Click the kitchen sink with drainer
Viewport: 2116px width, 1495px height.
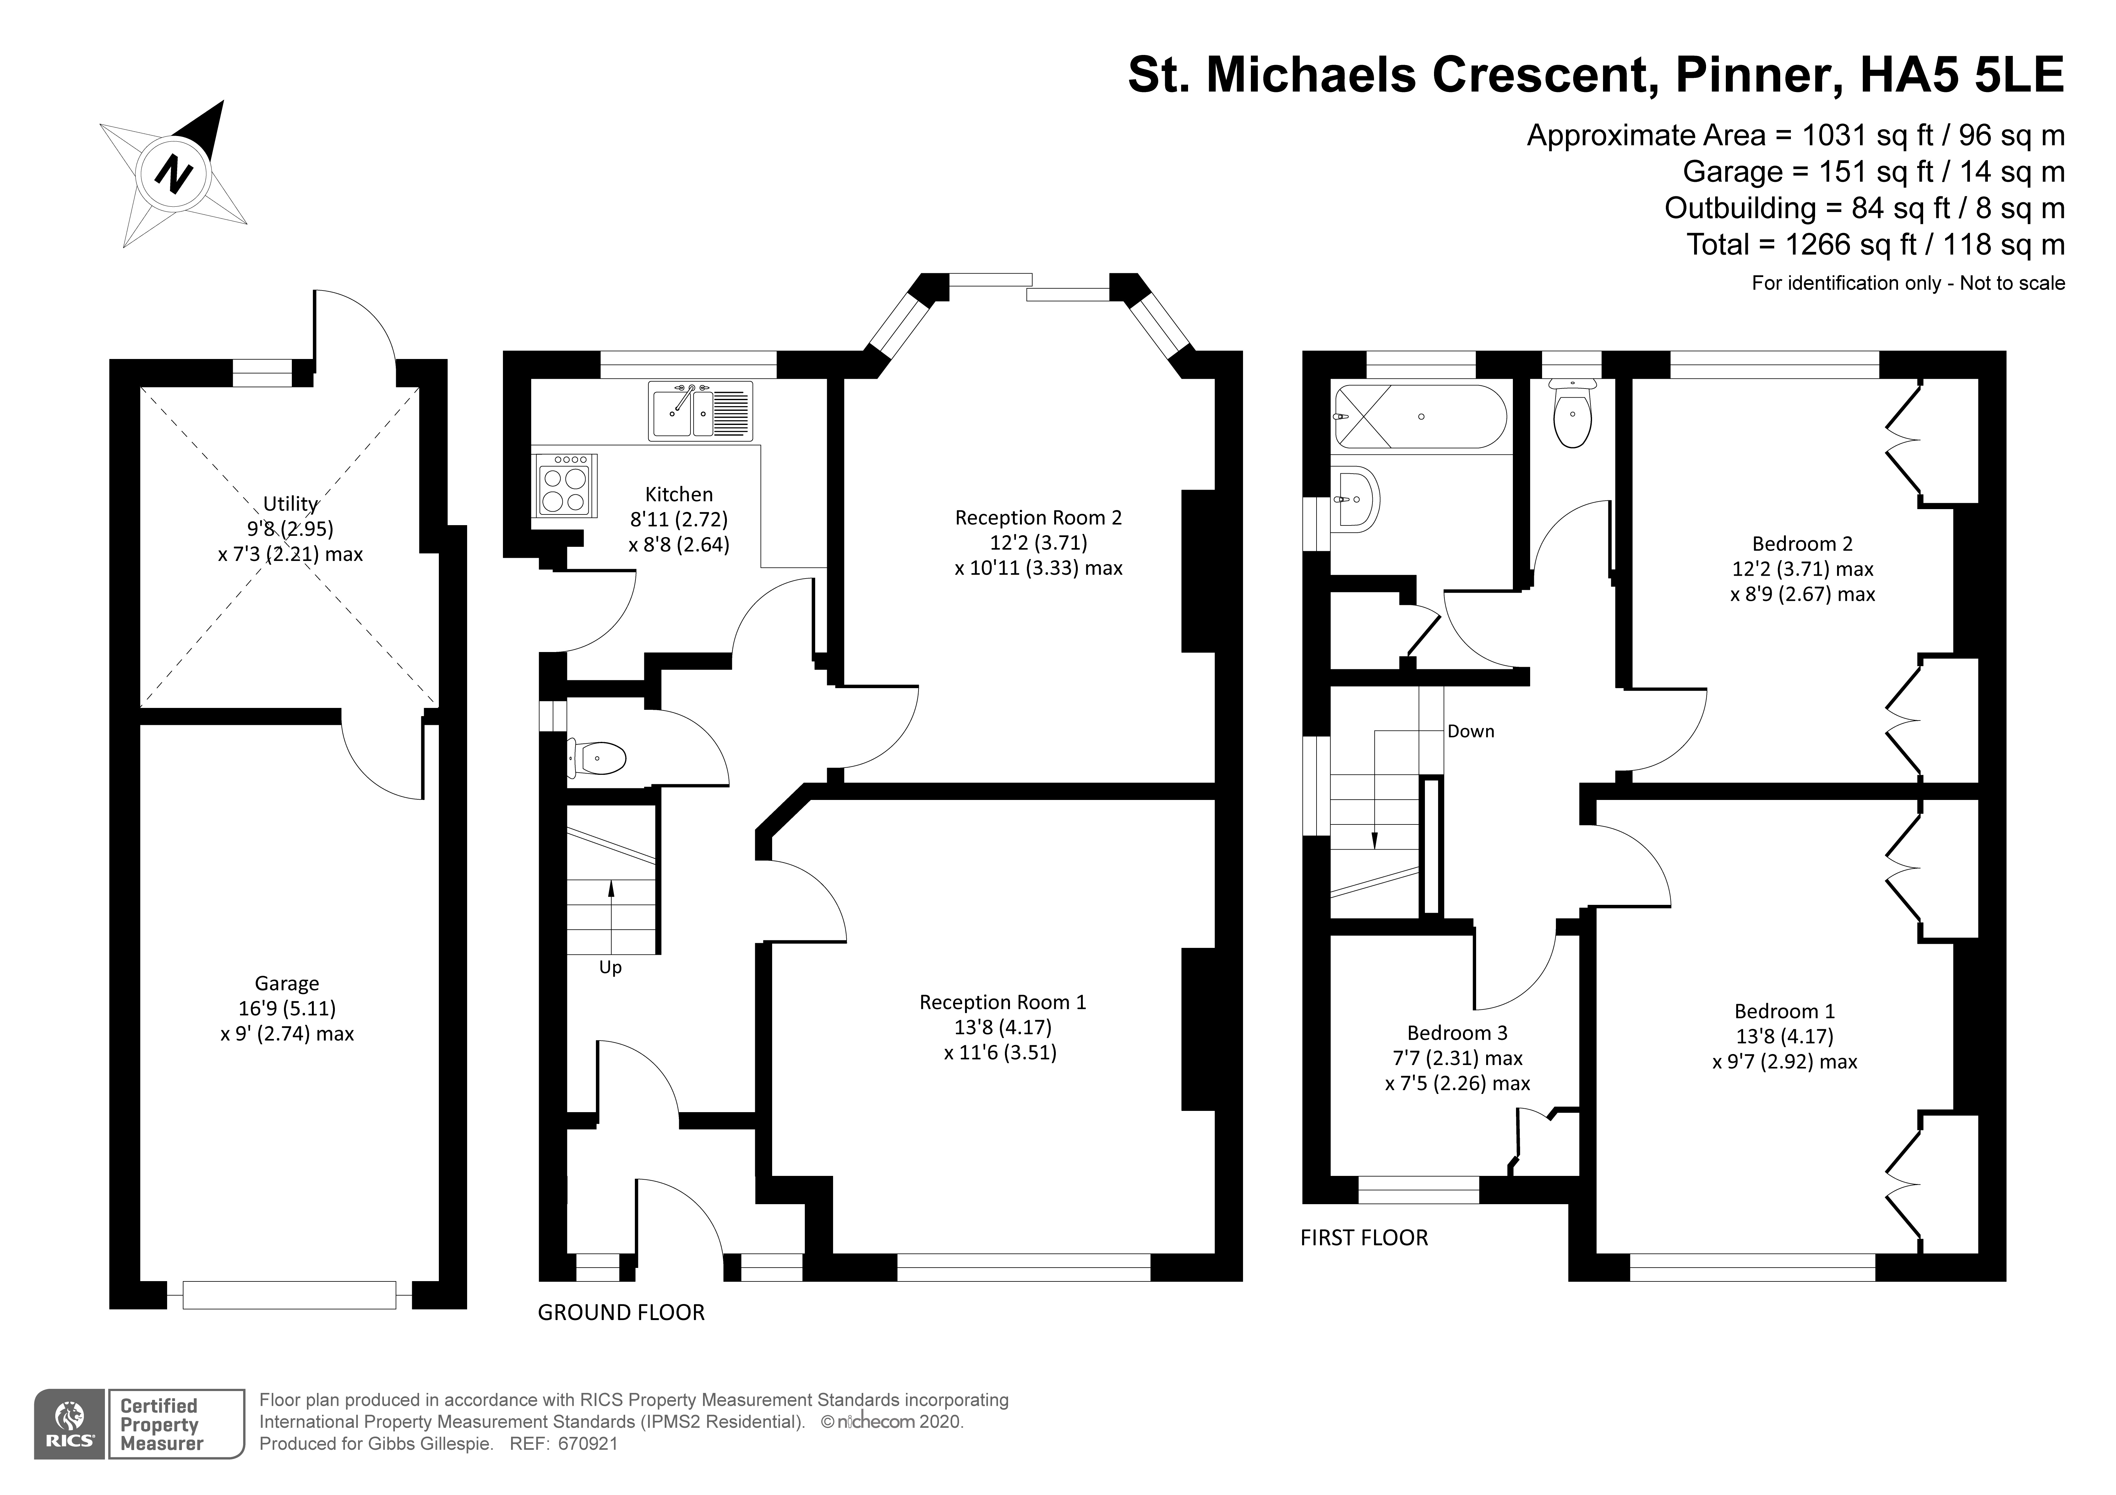701,411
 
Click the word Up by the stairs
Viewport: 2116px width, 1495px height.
610,968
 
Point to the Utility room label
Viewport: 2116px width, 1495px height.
290,504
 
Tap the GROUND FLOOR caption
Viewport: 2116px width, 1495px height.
621,1313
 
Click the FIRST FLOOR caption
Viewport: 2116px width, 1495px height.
1364,1238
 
